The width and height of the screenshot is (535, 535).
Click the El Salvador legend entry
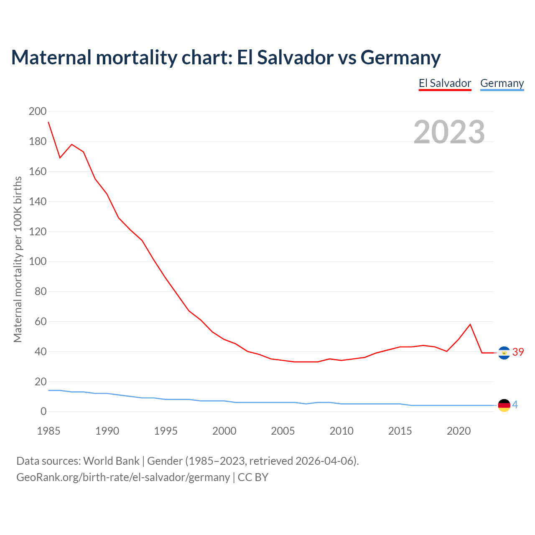click(445, 83)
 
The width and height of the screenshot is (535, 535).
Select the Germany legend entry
click(502, 83)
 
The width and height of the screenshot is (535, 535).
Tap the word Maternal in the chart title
click(51, 57)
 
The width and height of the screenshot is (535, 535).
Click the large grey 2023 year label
click(449, 132)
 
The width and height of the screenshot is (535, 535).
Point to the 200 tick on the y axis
click(38, 111)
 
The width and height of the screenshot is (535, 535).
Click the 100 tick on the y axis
click(38, 262)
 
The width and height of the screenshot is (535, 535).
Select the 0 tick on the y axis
click(43, 412)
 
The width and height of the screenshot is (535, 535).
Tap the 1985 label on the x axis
click(48, 431)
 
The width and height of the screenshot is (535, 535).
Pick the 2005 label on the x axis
click(283, 431)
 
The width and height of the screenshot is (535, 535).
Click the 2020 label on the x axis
click(459, 431)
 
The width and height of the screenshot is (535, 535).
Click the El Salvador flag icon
click(504, 353)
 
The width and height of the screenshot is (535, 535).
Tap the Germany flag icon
click(504, 405)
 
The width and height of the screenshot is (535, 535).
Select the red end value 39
click(518, 352)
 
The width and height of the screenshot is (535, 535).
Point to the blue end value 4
click(515, 405)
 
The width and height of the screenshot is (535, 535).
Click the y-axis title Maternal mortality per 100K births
click(18, 259)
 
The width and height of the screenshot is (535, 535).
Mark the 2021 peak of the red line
click(470, 324)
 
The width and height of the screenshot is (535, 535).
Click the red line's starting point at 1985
click(48, 122)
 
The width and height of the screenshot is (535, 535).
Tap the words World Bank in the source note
click(111, 461)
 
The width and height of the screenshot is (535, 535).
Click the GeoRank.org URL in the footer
click(123, 477)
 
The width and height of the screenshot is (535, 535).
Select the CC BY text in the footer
click(253, 477)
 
